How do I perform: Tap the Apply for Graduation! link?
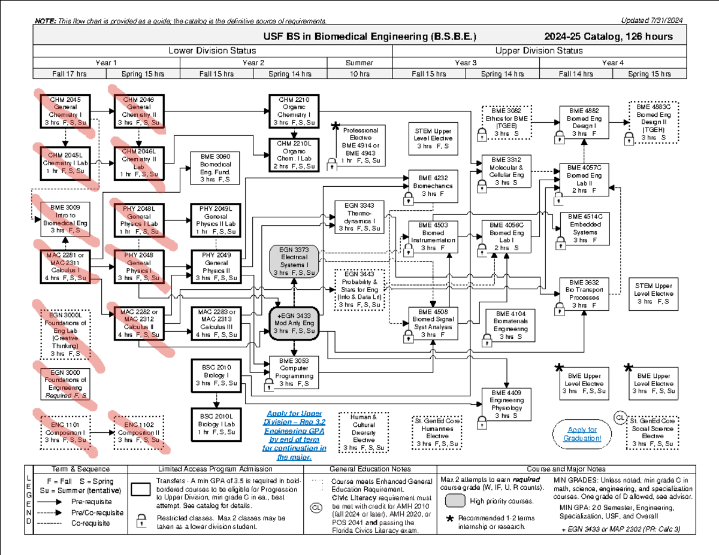(581, 434)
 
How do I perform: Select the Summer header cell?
(359, 62)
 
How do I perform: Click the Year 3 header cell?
(466, 62)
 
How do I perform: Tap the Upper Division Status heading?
(539, 51)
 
